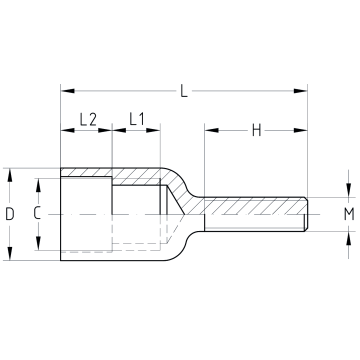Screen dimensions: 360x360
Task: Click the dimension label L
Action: pos(184,91)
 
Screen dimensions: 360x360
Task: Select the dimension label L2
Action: pos(88,119)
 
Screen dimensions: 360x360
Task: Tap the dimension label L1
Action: pos(137,119)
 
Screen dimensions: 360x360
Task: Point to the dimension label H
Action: pos(256,130)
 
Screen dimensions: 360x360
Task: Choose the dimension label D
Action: pos(10,214)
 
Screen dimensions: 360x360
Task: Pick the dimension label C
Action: pos(37,213)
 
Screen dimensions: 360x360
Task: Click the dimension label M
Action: pos(349,214)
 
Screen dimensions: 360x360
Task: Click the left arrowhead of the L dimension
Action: pos(68,91)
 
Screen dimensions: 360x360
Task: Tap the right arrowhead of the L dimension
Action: pos(300,91)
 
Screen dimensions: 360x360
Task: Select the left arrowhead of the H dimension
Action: pos(212,130)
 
